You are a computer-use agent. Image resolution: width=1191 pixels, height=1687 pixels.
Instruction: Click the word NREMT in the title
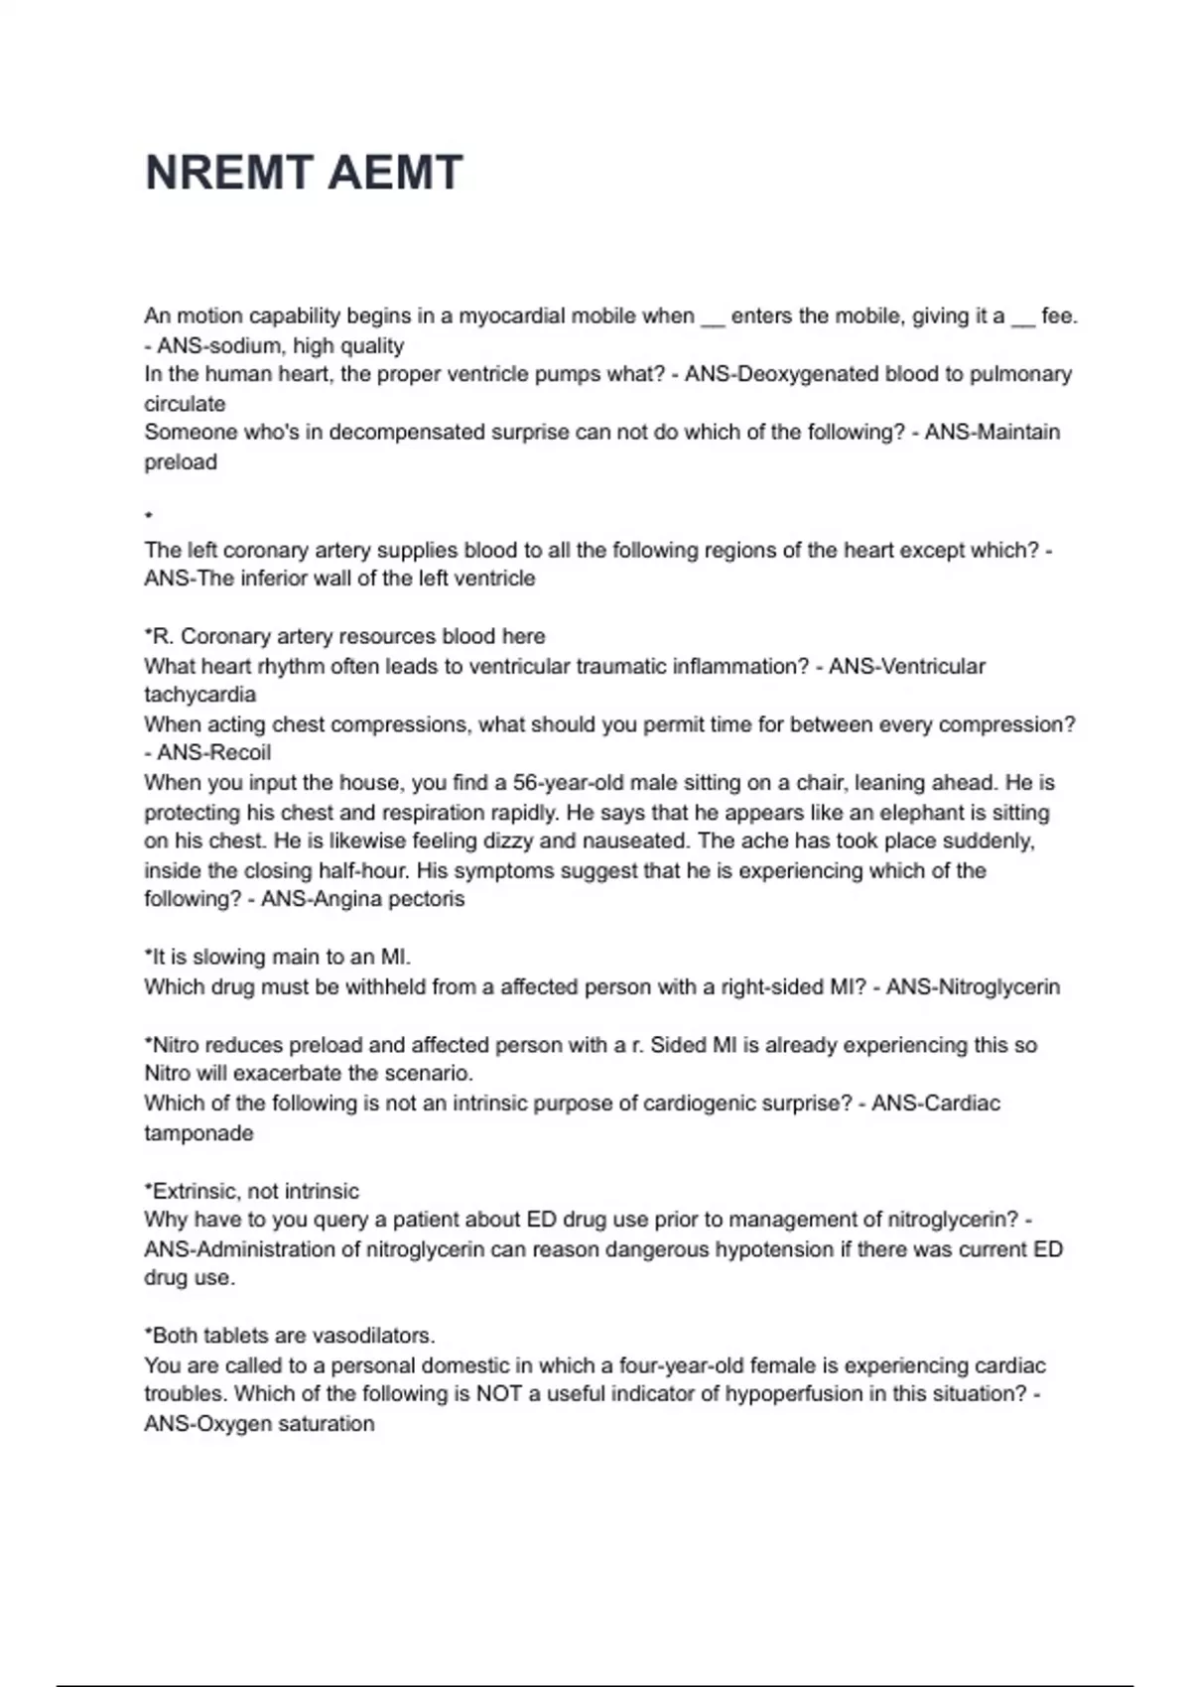pos(228,173)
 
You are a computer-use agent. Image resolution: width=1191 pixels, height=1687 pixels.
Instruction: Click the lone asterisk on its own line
pos(148,515)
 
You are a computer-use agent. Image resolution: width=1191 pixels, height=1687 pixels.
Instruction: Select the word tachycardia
pos(199,695)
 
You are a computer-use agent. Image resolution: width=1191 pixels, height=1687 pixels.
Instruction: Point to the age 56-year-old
pos(569,783)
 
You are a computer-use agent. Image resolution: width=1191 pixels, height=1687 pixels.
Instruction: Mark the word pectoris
pos(426,899)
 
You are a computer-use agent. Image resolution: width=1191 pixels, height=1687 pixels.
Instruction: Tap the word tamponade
pos(198,1133)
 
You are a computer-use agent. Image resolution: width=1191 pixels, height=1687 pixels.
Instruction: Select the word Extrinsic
pos(197,1191)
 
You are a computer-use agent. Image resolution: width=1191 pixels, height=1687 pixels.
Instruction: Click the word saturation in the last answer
pos(328,1424)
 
